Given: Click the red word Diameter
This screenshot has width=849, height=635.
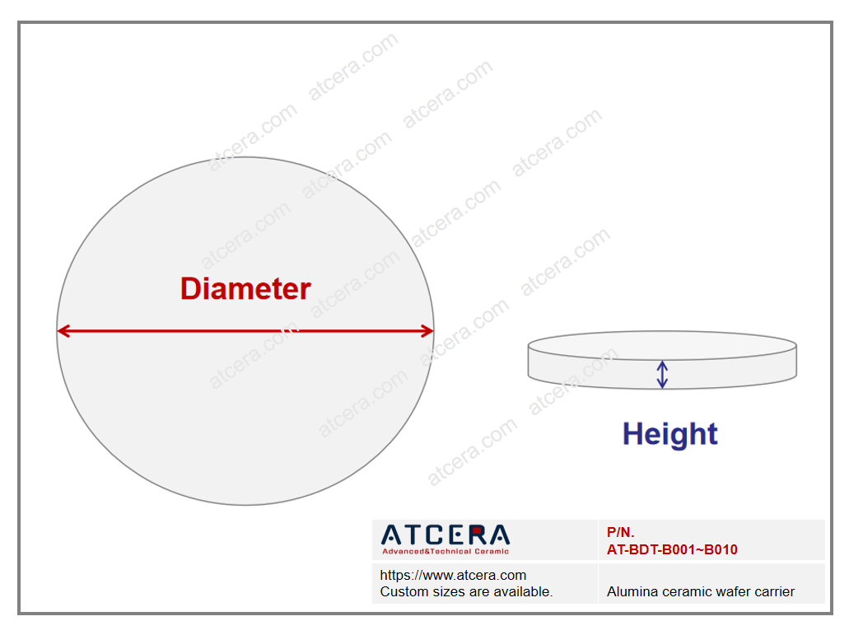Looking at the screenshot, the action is tap(245, 288).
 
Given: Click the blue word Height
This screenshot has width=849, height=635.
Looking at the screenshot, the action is tap(669, 434).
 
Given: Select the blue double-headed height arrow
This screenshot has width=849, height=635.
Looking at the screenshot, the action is tap(661, 375).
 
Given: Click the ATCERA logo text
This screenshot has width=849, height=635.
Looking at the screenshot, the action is tap(445, 535).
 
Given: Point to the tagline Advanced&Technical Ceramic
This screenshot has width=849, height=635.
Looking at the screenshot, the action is tap(445, 552).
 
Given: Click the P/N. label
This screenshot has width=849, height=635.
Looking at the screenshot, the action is tap(621, 532).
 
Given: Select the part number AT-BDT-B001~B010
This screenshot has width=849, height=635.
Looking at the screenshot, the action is tap(672, 549).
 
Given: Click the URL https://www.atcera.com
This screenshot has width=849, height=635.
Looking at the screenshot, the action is tap(453, 575).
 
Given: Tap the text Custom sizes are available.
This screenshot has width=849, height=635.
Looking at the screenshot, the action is tap(466, 591).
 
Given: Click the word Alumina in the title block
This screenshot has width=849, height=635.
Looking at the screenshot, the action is tap(627, 591).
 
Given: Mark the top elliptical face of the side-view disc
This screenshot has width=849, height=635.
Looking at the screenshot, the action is tap(661, 345).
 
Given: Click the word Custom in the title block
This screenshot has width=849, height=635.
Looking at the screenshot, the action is tap(401, 591).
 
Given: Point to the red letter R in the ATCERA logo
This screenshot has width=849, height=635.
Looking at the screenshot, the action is tap(477, 535).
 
